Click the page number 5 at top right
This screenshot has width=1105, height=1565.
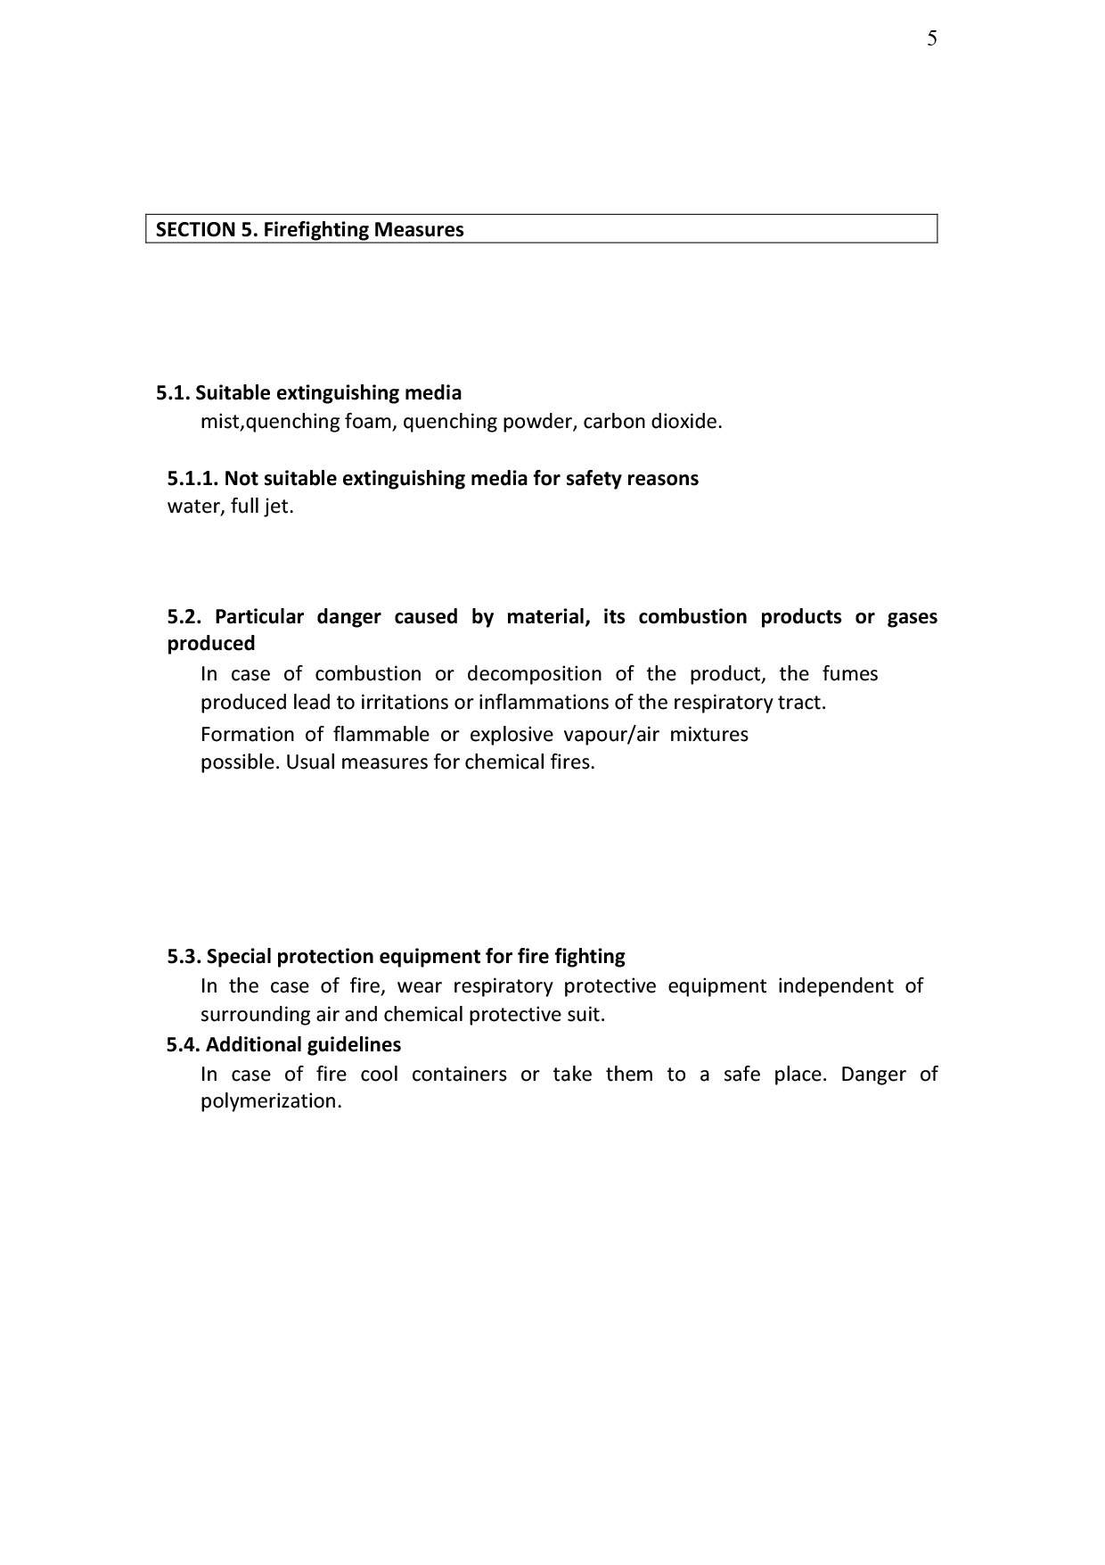(x=932, y=38)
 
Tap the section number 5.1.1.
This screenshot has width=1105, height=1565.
(x=192, y=478)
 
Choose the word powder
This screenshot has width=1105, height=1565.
(x=537, y=421)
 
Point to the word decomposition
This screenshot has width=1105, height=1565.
(x=534, y=673)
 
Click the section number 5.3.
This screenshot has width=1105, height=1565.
(x=184, y=956)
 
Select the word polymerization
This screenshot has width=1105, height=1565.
(x=271, y=1100)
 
